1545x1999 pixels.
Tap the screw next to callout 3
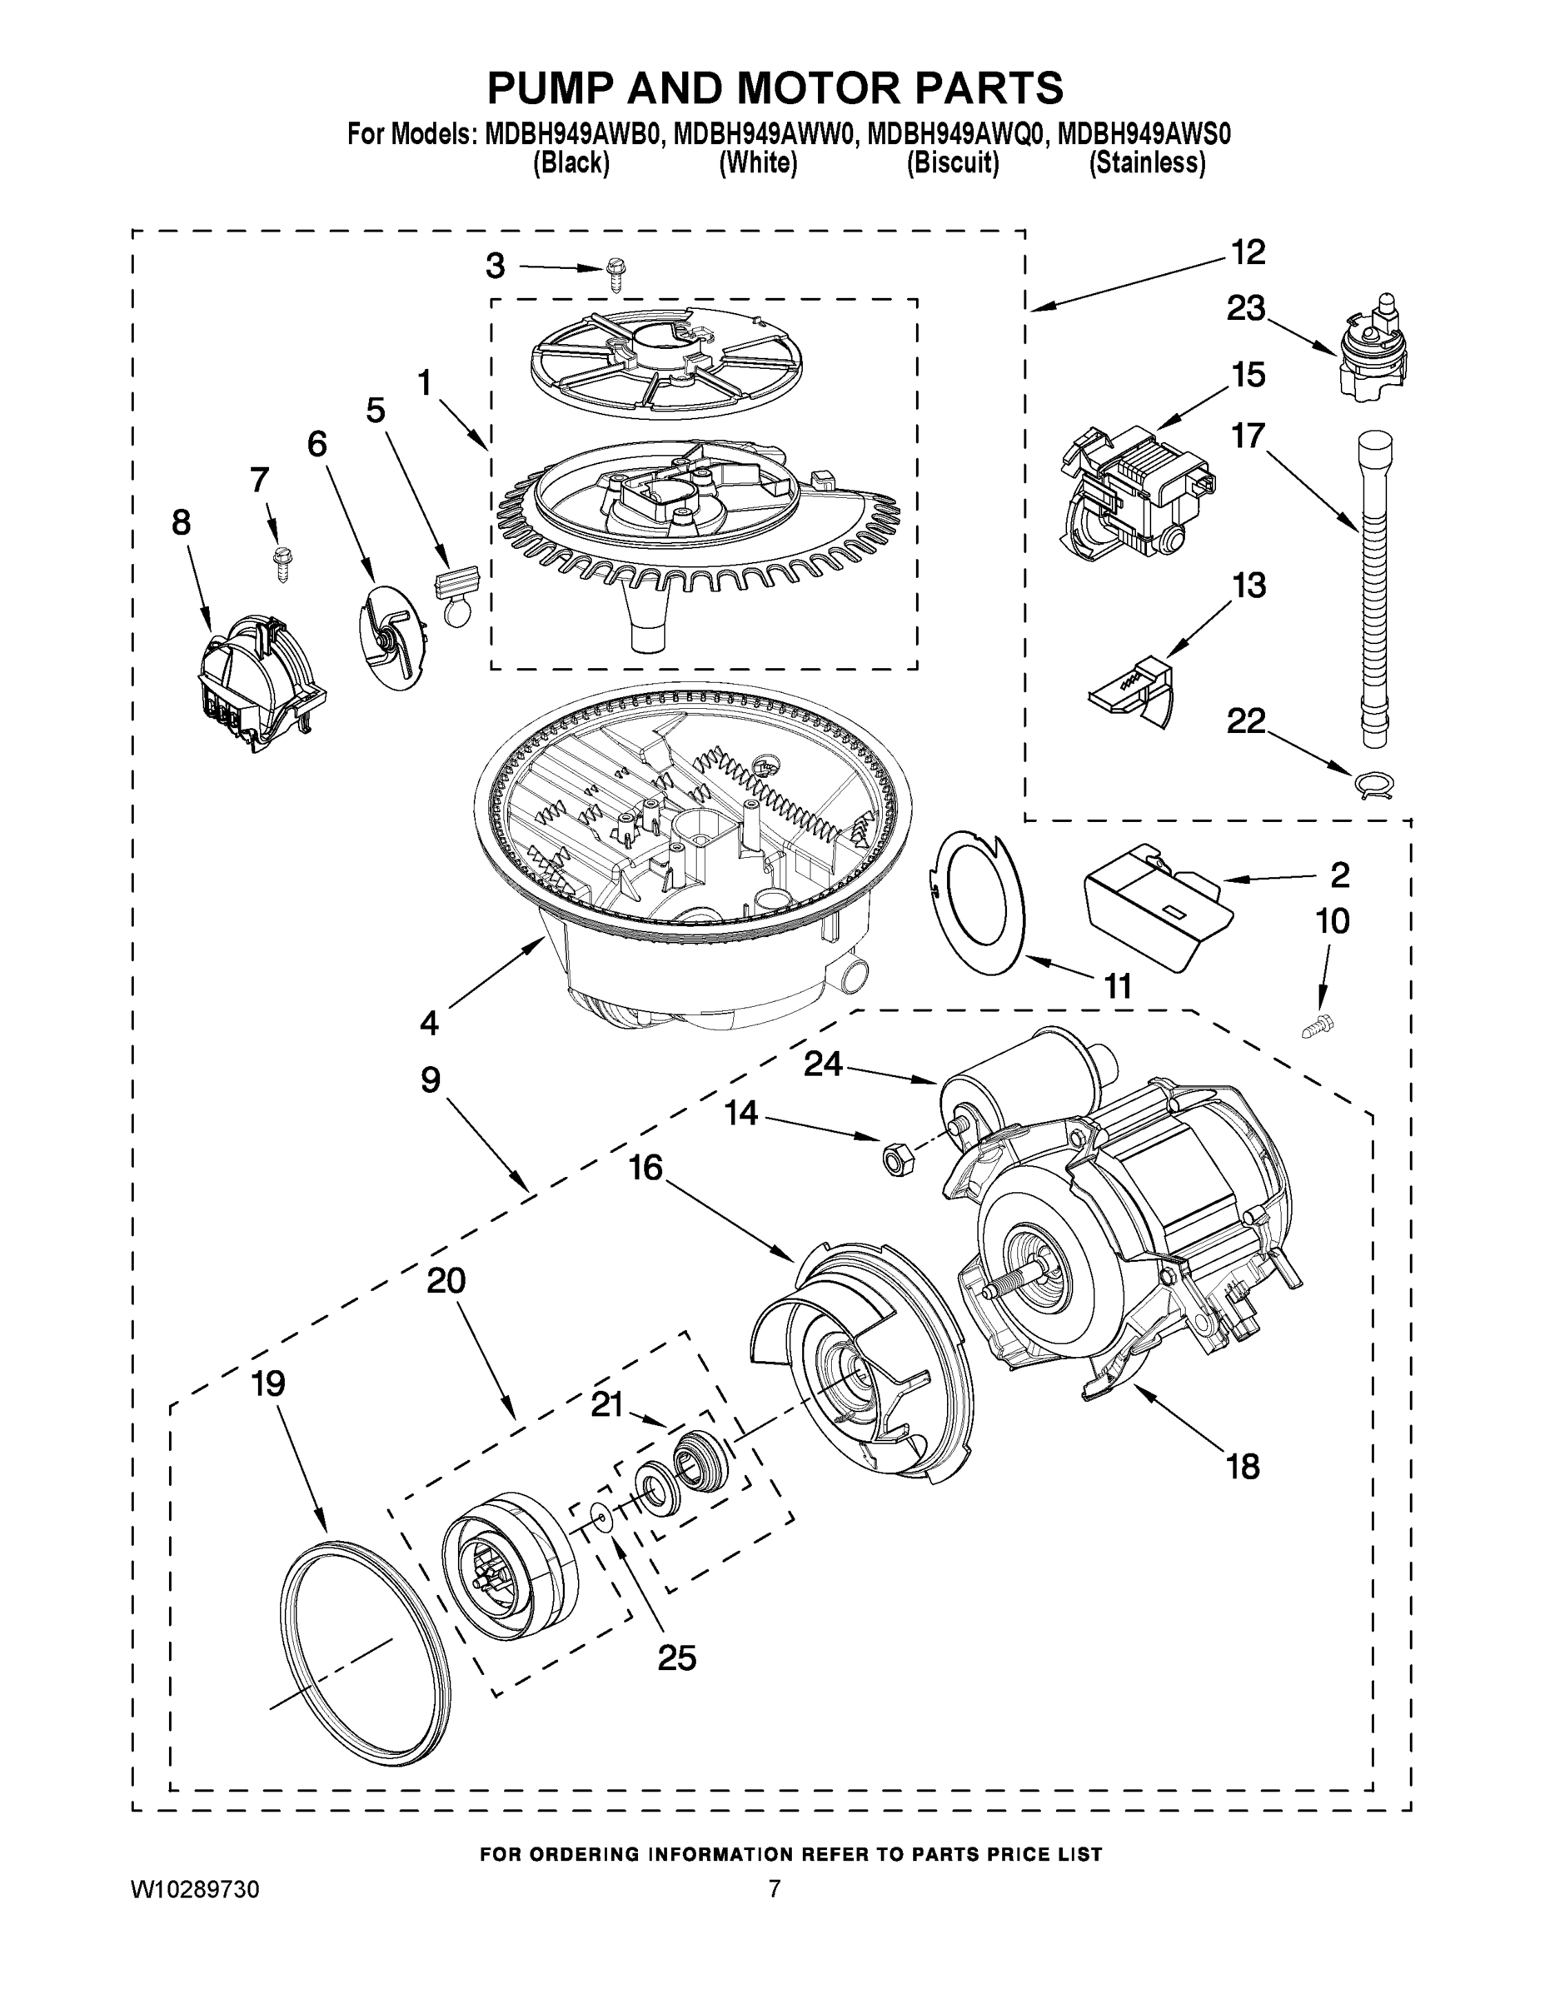point(616,276)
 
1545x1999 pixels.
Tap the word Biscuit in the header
point(952,163)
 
